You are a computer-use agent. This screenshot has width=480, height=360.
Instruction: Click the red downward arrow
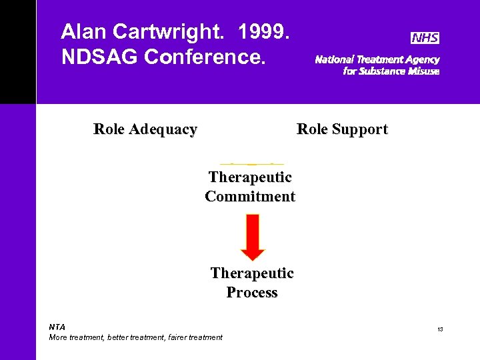coord(253,237)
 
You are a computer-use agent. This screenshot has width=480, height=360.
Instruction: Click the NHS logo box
coord(425,38)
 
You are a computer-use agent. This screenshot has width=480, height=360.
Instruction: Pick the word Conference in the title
coord(205,57)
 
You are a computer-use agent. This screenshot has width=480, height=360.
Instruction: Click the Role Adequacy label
coord(145,129)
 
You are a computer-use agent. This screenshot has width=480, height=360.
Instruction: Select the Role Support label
coord(342,129)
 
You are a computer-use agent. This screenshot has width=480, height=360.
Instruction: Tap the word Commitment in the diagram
coord(250,197)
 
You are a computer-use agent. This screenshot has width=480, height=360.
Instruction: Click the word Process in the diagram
coord(252,293)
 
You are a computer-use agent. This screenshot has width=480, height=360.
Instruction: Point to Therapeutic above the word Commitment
coord(250,177)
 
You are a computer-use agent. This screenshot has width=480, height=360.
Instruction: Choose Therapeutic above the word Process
coord(252,273)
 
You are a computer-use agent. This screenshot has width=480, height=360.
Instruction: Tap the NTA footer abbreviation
coord(57,327)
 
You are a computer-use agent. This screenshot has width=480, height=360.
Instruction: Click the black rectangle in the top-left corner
coord(18,52)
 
